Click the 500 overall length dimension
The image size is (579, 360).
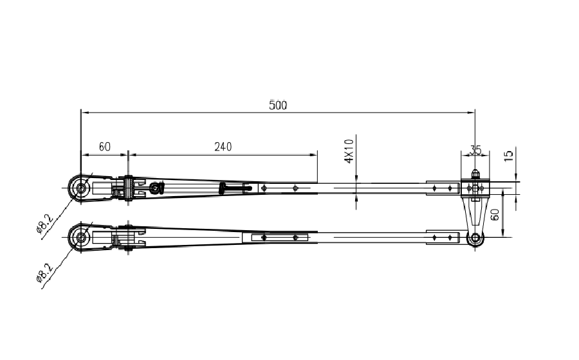(278, 105)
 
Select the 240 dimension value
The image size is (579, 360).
(223, 147)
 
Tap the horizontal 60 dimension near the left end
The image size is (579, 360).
(104, 147)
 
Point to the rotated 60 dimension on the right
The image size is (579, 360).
(495, 214)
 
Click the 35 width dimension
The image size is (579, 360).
(475, 150)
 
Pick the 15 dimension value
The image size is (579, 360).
(509, 155)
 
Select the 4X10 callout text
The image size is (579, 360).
(349, 151)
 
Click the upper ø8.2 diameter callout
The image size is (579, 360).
(45, 224)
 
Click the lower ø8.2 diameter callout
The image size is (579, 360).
(45, 273)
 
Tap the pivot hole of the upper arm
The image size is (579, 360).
(81, 188)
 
